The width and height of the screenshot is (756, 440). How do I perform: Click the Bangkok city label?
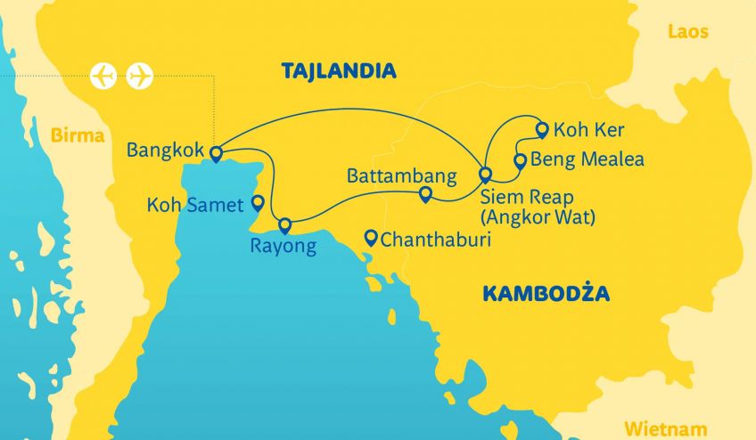[165, 150]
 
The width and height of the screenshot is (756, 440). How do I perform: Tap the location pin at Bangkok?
[215, 153]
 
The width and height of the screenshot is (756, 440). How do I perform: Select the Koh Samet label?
[195, 206]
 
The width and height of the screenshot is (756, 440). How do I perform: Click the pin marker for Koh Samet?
[258, 202]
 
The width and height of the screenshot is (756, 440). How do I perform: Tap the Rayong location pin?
[285, 224]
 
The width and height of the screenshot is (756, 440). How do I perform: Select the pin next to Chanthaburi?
[371, 237]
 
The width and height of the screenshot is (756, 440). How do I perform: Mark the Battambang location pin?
[425, 193]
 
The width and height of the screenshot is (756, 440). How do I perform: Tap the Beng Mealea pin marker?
[521, 160]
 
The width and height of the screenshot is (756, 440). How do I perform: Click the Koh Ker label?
[589, 130]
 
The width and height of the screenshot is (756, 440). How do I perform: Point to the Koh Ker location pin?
[542, 130]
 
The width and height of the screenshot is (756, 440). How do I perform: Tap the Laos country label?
[688, 32]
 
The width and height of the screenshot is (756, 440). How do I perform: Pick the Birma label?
[78, 136]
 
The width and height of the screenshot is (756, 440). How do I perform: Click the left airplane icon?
[104, 76]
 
